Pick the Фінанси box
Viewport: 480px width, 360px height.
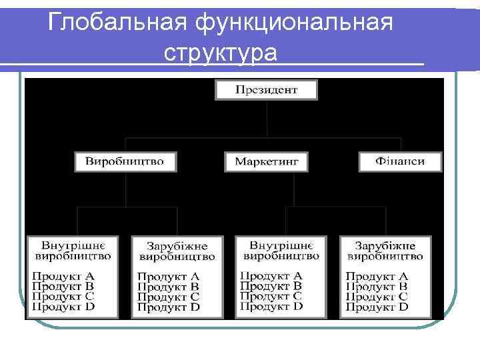click(x=400, y=161)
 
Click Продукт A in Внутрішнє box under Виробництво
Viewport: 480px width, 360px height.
click(x=63, y=275)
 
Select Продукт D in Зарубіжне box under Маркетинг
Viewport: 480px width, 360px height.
click(x=376, y=307)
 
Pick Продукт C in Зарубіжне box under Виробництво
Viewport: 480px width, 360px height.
click(x=168, y=297)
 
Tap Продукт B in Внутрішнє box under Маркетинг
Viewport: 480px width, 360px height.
click(x=271, y=285)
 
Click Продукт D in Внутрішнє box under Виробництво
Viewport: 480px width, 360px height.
click(x=63, y=307)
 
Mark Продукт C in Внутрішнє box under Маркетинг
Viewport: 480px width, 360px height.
click(x=271, y=296)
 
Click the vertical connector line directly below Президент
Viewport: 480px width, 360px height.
click(x=267, y=119)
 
